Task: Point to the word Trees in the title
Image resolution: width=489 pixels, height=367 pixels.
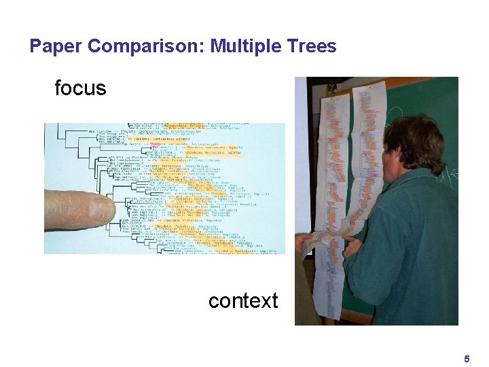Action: [312, 46]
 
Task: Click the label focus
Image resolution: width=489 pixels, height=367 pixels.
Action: [80, 88]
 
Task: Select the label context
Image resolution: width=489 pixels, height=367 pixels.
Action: [243, 300]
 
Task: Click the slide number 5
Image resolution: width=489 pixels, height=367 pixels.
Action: [467, 358]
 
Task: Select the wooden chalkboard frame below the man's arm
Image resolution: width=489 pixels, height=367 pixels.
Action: [357, 317]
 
